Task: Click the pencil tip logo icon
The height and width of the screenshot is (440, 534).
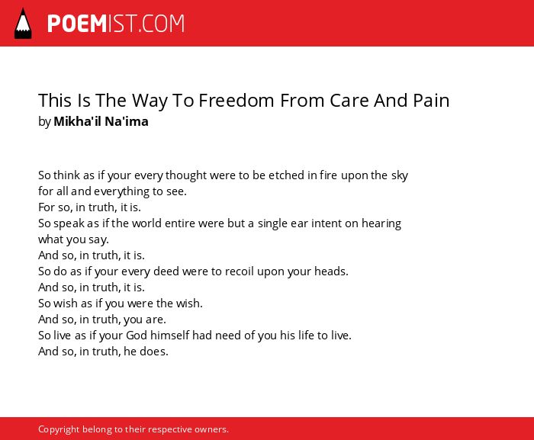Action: (x=23, y=24)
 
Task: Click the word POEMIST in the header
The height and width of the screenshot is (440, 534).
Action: (x=92, y=24)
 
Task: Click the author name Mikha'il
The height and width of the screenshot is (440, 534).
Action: (x=77, y=121)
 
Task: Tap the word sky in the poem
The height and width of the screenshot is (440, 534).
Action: (x=400, y=175)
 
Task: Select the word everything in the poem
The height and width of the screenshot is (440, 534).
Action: (x=121, y=191)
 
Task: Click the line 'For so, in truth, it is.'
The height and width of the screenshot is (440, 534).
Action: (x=89, y=207)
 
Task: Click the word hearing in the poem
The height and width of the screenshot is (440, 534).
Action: (x=381, y=224)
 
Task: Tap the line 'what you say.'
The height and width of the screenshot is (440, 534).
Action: (x=73, y=239)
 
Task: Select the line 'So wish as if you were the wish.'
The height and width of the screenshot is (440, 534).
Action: (x=121, y=304)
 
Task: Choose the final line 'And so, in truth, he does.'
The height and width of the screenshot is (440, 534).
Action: (x=103, y=352)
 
